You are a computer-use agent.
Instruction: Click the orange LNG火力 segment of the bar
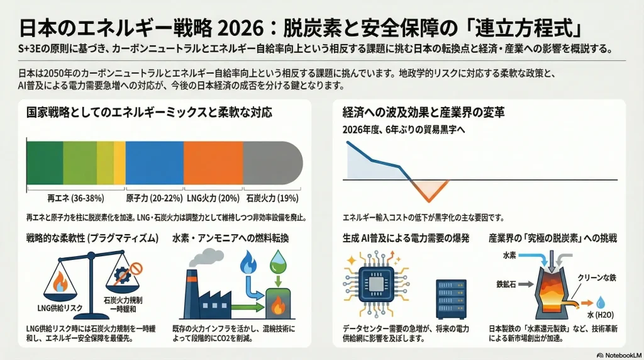[x=213, y=163]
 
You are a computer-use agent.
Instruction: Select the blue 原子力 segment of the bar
[x=155, y=163]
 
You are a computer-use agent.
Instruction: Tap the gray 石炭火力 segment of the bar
[x=273, y=163]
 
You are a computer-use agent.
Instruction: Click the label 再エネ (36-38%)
[x=75, y=198]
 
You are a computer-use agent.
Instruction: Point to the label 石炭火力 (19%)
[x=272, y=198]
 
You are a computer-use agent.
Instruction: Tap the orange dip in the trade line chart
[x=429, y=190]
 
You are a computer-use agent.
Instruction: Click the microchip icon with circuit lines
[x=376, y=283]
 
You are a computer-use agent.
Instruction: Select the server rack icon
[x=451, y=299]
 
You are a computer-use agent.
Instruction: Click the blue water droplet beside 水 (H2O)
[x=601, y=303]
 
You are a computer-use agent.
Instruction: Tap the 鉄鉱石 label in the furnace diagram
[x=506, y=284]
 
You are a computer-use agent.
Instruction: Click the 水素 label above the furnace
[x=509, y=256]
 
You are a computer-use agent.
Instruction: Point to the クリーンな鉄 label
[x=597, y=278]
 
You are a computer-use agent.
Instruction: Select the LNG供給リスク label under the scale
[x=60, y=308]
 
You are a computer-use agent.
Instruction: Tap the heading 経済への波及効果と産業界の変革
[x=423, y=112]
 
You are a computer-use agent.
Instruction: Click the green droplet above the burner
[x=278, y=262]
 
